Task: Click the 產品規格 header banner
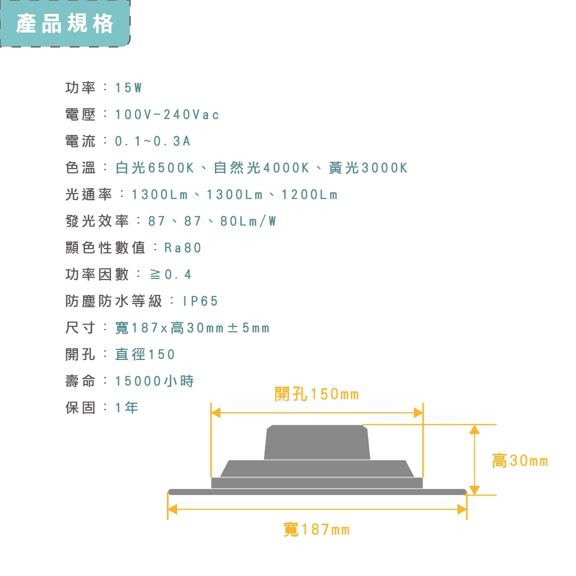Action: pos(65,23)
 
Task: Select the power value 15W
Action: pos(129,88)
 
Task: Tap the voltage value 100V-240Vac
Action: pos(167,115)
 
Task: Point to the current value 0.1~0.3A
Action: pos(153,141)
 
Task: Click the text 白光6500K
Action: pos(155,168)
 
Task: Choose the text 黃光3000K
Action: pos(368,168)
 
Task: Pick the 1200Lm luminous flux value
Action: pos(310,195)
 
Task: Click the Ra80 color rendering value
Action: pos(183,248)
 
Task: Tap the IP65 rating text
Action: pos(201,301)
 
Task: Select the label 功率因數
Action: pos(97,274)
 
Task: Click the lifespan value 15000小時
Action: pos(155,381)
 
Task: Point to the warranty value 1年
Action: pos(127,408)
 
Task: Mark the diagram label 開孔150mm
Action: pos(317,394)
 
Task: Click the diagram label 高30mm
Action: pos(520,461)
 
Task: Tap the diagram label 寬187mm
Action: pos(317,530)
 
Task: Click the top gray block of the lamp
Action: pos(317,442)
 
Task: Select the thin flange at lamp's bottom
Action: pos(317,492)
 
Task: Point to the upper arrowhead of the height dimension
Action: pos(475,429)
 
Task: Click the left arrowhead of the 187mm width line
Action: pos(172,510)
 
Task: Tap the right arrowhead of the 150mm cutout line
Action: pos(418,413)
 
